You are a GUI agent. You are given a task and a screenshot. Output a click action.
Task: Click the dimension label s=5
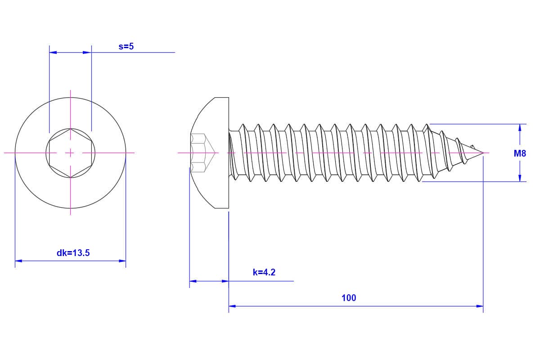point(126,46)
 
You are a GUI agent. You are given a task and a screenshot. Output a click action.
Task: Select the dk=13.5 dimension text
point(73,253)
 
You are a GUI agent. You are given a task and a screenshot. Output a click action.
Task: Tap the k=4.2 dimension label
point(264,272)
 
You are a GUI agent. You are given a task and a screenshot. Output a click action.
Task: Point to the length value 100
point(349,297)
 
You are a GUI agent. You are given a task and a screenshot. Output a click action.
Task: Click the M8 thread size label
point(520,153)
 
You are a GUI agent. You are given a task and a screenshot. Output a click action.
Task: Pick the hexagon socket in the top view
point(70,153)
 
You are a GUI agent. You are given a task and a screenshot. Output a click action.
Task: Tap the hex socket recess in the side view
point(199,153)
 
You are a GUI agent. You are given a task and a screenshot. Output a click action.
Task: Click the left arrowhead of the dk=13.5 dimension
point(18,261)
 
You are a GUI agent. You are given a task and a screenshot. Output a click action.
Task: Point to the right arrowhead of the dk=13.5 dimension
point(122,261)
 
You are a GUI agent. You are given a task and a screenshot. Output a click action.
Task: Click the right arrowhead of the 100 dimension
point(480,306)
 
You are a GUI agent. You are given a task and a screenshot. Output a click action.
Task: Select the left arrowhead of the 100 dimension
point(232,306)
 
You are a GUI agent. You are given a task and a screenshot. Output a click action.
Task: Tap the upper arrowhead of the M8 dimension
point(520,128)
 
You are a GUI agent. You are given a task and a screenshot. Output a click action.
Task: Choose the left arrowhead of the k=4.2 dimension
point(193,281)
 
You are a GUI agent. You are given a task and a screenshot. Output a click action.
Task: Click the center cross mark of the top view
point(70,153)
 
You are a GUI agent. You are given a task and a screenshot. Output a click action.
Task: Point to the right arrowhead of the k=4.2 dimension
point(225,281)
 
